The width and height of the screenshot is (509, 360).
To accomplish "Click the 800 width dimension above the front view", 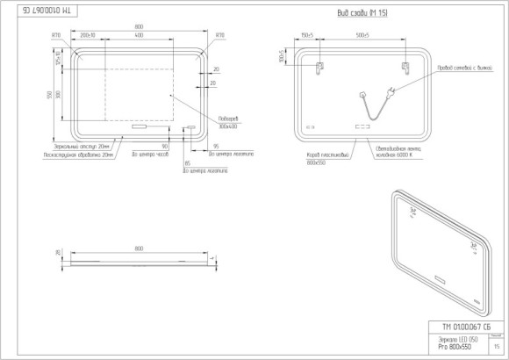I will click(139, 27).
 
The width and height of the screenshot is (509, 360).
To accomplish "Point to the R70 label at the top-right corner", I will click(219, 37).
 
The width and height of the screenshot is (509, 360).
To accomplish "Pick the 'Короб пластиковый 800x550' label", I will click(313, 157).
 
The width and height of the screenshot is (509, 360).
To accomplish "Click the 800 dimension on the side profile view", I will click(139, 249).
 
